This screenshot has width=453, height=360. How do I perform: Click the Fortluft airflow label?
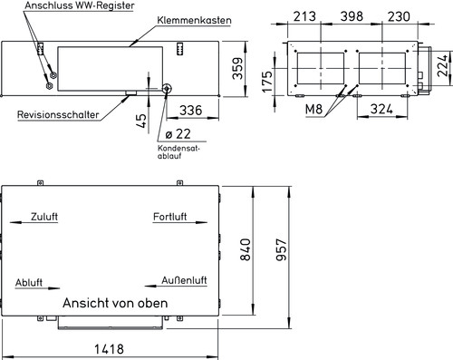pos(170,218)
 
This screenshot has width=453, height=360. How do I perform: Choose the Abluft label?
pos(30,284)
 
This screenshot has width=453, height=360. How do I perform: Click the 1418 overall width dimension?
pos(111,350)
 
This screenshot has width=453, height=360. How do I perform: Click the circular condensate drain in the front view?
pos(168,89)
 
